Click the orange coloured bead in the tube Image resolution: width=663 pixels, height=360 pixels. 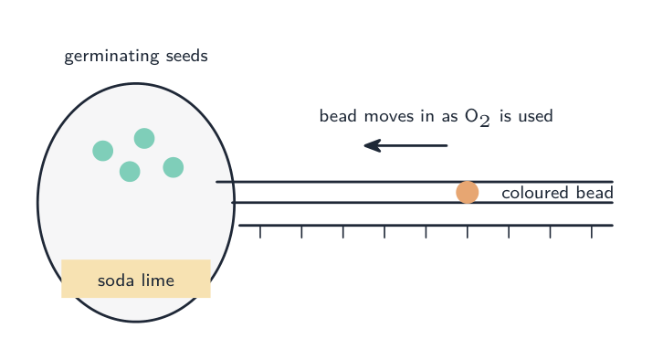[x=468, y=193]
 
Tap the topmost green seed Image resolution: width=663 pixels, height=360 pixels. [x=144, y=138]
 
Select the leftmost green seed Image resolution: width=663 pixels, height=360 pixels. [x=103, y=151]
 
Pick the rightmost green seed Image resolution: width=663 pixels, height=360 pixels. [x=174, y=167]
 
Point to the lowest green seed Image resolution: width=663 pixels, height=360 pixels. [x=130, y=172]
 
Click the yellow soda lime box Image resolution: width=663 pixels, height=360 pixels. [x=136, y=279]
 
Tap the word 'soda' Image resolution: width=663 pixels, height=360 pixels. [x=116, y=281]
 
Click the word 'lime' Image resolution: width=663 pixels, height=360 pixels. [x=158, y=280]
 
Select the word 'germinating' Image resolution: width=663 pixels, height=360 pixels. [x=111, y=57]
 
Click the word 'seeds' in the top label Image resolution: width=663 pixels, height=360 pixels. [x=187, y=56]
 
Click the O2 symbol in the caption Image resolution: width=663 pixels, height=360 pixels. [x=478, y=117]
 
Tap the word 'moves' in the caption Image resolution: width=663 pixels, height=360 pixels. [x=389, y=116]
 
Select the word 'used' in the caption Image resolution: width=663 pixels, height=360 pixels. [x=536, y=116]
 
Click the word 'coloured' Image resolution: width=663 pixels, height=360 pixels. [x=534, y=193]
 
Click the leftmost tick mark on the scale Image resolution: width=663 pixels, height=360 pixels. [x=260, y=232]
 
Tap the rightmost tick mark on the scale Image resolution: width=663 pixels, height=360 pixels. [x=592, y=232]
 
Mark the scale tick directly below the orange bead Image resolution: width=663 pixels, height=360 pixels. [x=468, y=232]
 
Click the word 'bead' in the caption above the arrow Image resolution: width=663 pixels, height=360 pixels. [x=338, y=116]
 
